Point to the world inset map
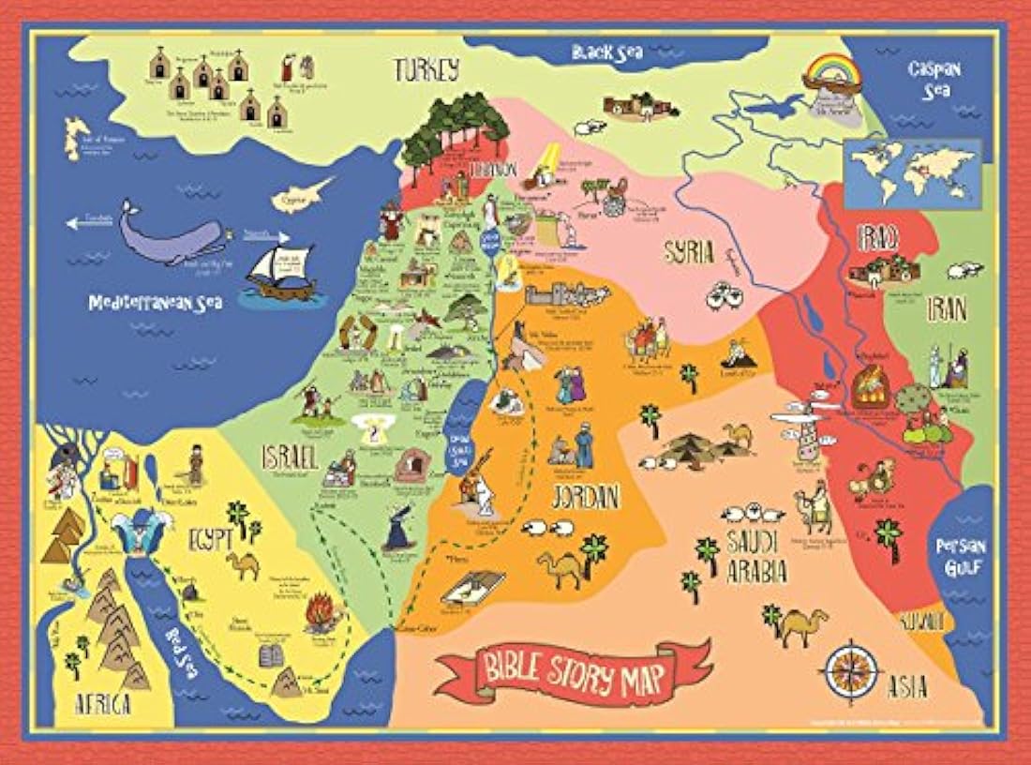[x=912, y=173]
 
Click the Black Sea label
[x=607, y=52]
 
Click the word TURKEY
[x=426, y=69]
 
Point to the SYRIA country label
[x=689, y=251]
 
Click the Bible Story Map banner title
[x=573, y=671]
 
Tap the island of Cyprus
[x=299, y=197]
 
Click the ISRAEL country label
[x=290, y=457]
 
